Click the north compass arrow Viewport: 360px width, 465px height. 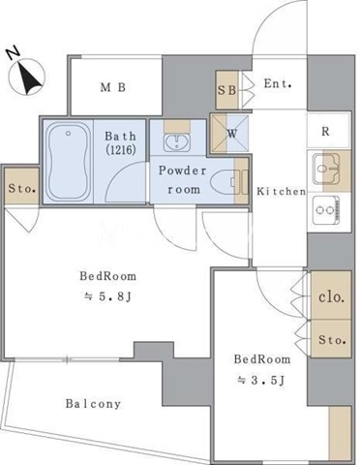coord(29,77)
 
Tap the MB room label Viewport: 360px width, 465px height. coord(113,87)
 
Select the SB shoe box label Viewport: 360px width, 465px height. coord(226,90)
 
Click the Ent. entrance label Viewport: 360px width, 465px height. coord(278,83)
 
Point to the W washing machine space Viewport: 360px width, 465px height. coord(229,134)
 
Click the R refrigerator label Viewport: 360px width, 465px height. coord(325,132)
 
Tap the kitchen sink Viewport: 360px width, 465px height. coord(326,169)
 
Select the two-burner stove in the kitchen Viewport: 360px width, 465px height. coord(326,210)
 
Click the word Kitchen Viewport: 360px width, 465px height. coord(281,192)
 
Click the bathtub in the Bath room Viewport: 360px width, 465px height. coord(68,163)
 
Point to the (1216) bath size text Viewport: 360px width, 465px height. coord(120,149)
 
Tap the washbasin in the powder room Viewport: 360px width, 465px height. coord(176,142)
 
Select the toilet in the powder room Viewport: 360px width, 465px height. coord(225,182)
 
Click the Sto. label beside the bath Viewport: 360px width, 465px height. coord(22,188)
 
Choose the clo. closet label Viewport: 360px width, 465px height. coord(331,296)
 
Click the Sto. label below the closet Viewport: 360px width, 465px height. coord(332,340)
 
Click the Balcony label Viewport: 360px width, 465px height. coord(94,404)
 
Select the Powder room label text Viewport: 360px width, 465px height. coord(183,180)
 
